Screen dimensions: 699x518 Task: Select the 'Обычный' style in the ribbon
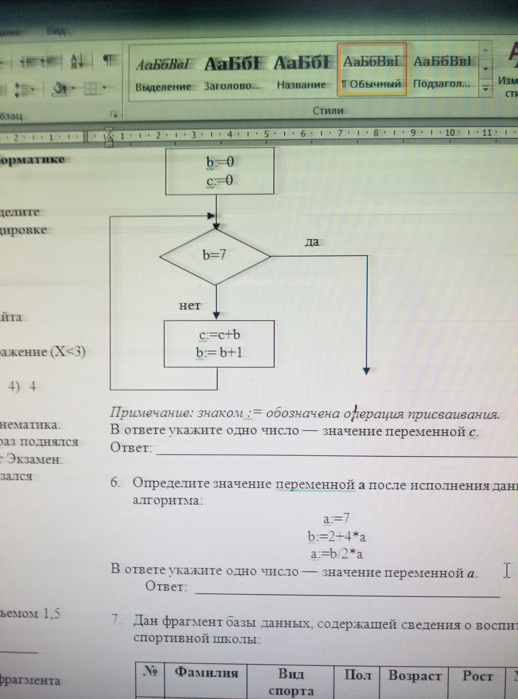coord(372,84)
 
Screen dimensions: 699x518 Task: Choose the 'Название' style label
coord(301,85)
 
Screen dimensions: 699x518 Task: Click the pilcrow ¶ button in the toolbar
coord(109,60)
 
